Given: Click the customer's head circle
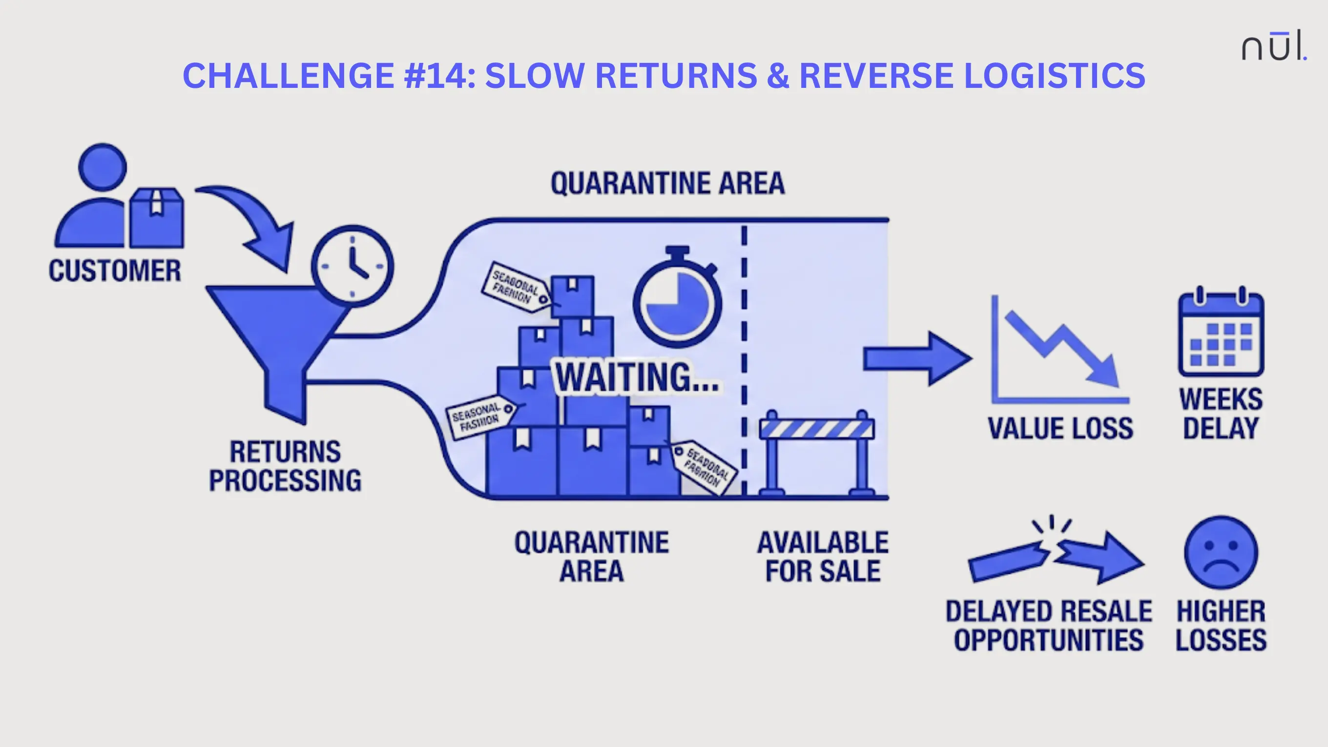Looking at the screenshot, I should [102, 167].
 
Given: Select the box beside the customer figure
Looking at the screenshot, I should [156, 218].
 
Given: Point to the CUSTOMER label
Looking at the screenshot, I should [114, 270].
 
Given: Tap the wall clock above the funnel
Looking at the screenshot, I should [353, 267].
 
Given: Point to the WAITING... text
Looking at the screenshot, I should [637, 377].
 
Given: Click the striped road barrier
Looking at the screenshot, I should [817, 449].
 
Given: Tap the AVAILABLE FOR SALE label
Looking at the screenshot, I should [823, 557].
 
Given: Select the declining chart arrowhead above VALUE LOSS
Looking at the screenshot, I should [1103, 371].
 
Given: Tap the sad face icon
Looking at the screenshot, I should [1221, 552].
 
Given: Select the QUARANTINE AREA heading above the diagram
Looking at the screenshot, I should [667, 184].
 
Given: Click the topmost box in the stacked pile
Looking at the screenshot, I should [572, 295].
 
